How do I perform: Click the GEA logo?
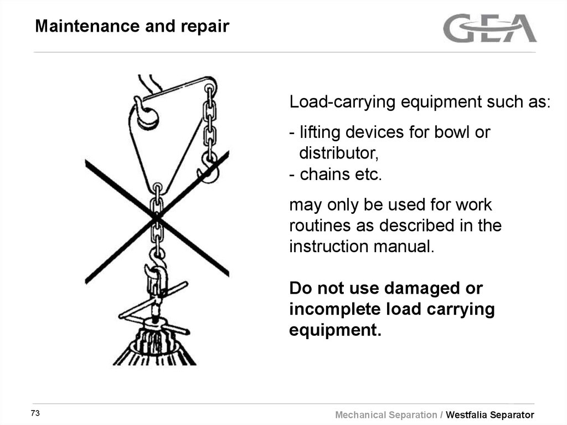(x=489, y=28)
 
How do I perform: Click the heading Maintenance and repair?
(x=132, y=26)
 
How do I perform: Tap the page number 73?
(x=36, y=413)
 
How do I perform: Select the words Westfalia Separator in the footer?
(x=490, y=415)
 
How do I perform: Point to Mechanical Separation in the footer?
(x=386, y=415)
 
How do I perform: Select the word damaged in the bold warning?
(x=413, y=289)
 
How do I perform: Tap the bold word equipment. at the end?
(x=336, y=330)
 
